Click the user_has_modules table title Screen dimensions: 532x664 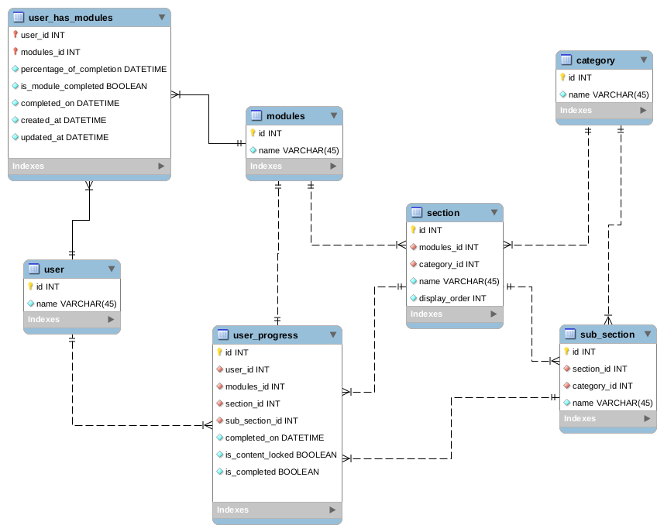coord(70,17)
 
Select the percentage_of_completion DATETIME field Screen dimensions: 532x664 coord(93,69)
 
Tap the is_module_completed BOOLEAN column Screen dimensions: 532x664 coord(84,86)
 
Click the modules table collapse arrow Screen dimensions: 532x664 coord(334,116)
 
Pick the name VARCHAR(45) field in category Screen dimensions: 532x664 coord(608,94)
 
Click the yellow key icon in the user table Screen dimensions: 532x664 coord(31,287)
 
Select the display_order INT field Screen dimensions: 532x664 coord(452,298)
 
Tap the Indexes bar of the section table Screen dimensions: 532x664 coord(454,314)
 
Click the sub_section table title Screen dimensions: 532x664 coord(607,335)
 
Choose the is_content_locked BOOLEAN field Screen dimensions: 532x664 coord(280,455)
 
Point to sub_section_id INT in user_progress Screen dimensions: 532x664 coord(261,420)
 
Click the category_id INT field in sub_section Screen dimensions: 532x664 coord(602,386)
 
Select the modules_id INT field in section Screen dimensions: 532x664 coord(449,247)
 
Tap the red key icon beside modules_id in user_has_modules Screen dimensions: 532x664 coord(15,52)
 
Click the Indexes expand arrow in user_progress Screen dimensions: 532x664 coord(332,510)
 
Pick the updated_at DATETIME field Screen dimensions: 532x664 coord(64,137)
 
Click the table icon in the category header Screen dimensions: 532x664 coord(566,60)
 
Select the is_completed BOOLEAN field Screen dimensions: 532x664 coord(271,472)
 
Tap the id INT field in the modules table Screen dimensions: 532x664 coord(270,133)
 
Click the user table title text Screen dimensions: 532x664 coord(54,269)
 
